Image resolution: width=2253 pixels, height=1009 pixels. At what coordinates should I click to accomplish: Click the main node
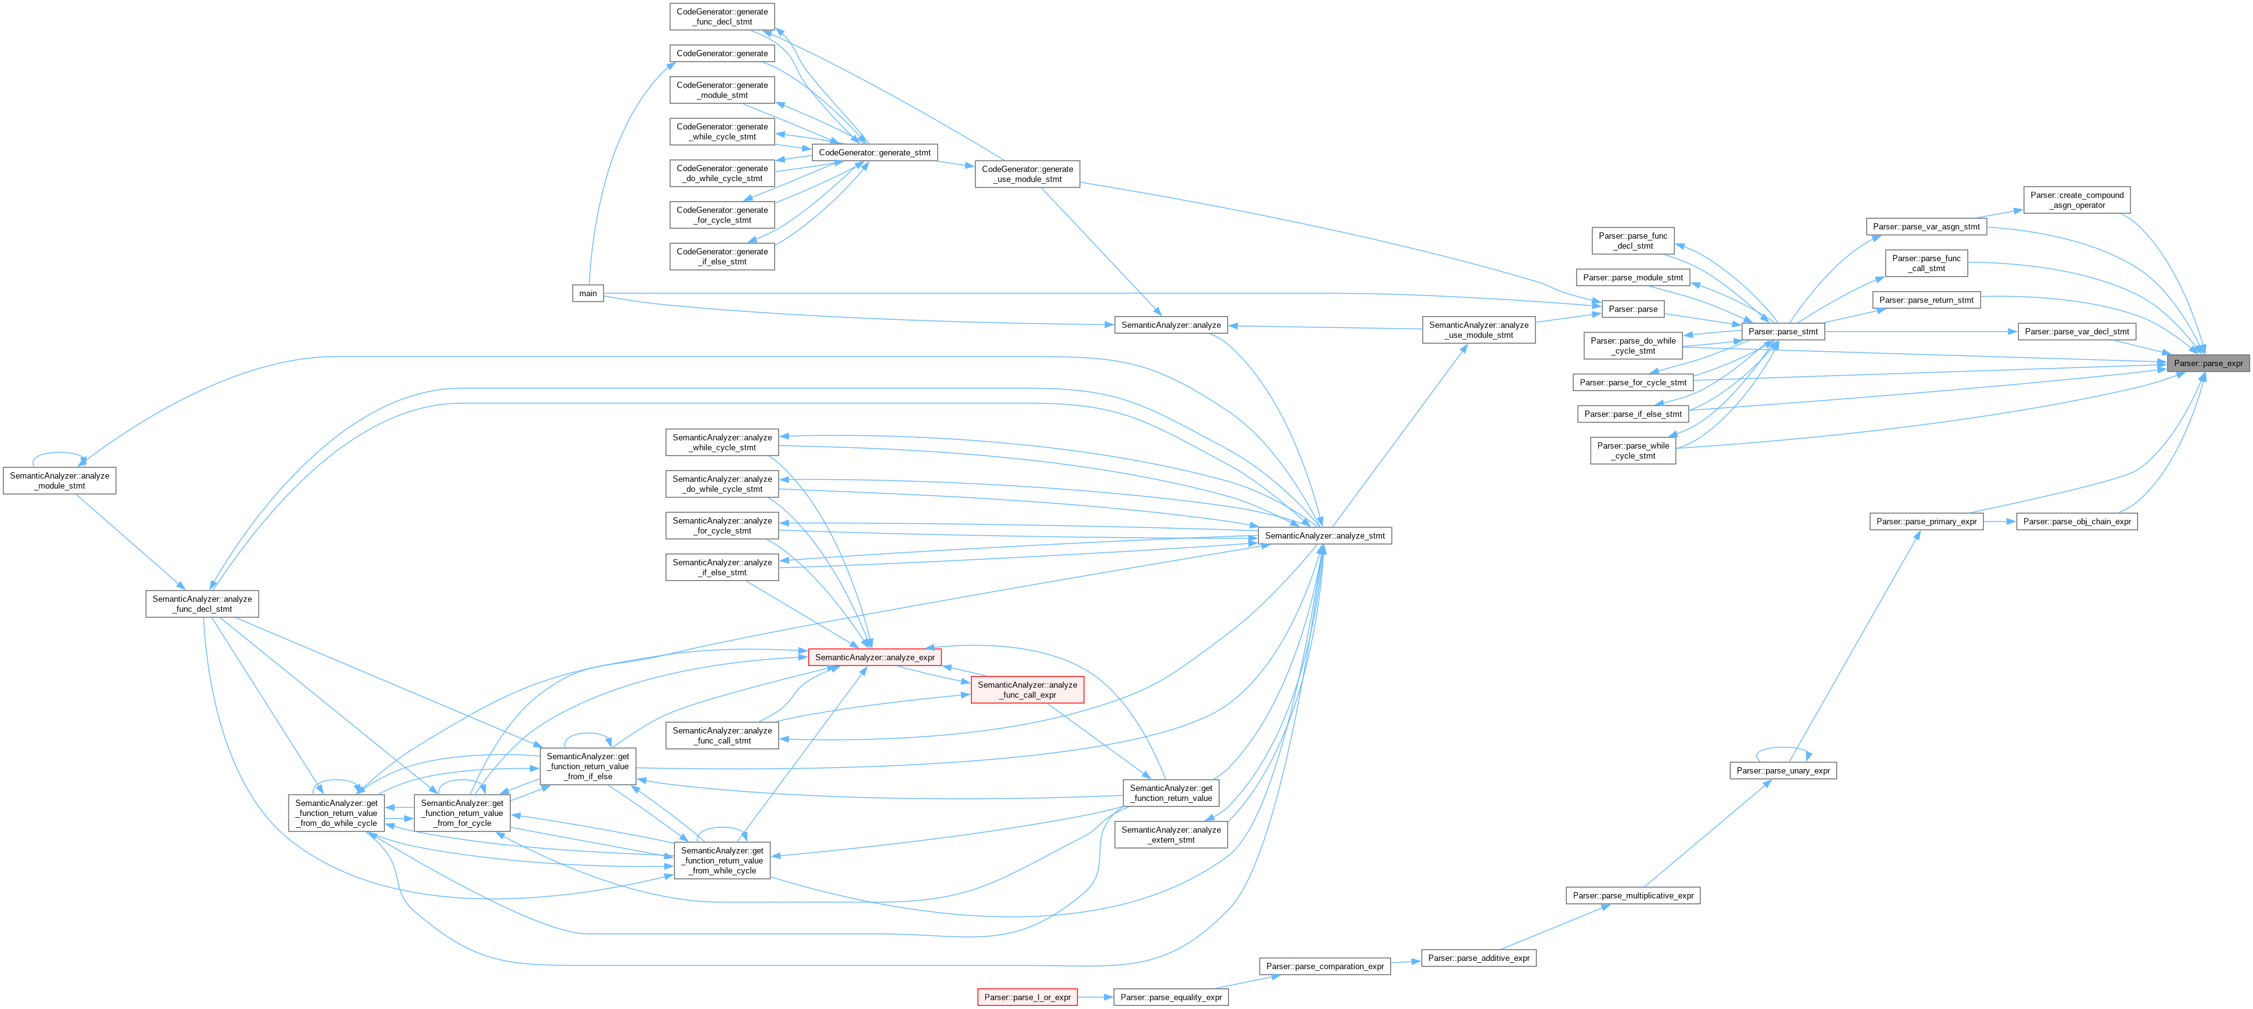pyautogui.click(x=588, y=294)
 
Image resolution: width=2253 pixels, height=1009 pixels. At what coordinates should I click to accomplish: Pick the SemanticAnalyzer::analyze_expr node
pyautogui.click(x=875, y=657)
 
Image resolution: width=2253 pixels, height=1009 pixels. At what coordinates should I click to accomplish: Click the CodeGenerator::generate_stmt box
pyautogui.click(x=875, y=152)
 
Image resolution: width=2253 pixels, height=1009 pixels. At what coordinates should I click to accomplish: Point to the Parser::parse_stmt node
pyautogui.click(x=1783, y=331)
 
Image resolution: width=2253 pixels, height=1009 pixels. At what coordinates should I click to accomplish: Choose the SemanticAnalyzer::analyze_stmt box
pyautogui.click(x=1324, y=535)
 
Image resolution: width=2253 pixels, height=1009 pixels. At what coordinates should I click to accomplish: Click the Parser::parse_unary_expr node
pyautogui.click(x=1783, y=770)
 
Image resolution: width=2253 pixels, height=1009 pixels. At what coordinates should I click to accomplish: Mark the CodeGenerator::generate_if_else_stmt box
pyautogui.click(x=722, y=256)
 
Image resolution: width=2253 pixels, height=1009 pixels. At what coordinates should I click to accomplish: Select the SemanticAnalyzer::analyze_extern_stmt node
pyautogui.click(x=1170, y=835)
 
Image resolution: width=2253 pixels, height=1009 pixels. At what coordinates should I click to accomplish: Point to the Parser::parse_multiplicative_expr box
pyautogui.click(x=1632, y=895)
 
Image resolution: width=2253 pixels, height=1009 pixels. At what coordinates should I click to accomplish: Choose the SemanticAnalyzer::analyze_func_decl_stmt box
pyautogui.click(x=202, y=604)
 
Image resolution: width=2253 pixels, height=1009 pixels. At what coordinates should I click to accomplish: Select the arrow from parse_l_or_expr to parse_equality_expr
pyautogui.click(x=1095, y=997)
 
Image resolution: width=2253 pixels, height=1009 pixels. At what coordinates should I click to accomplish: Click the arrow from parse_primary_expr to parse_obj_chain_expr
pyautogui.click(x=1999, y=521)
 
